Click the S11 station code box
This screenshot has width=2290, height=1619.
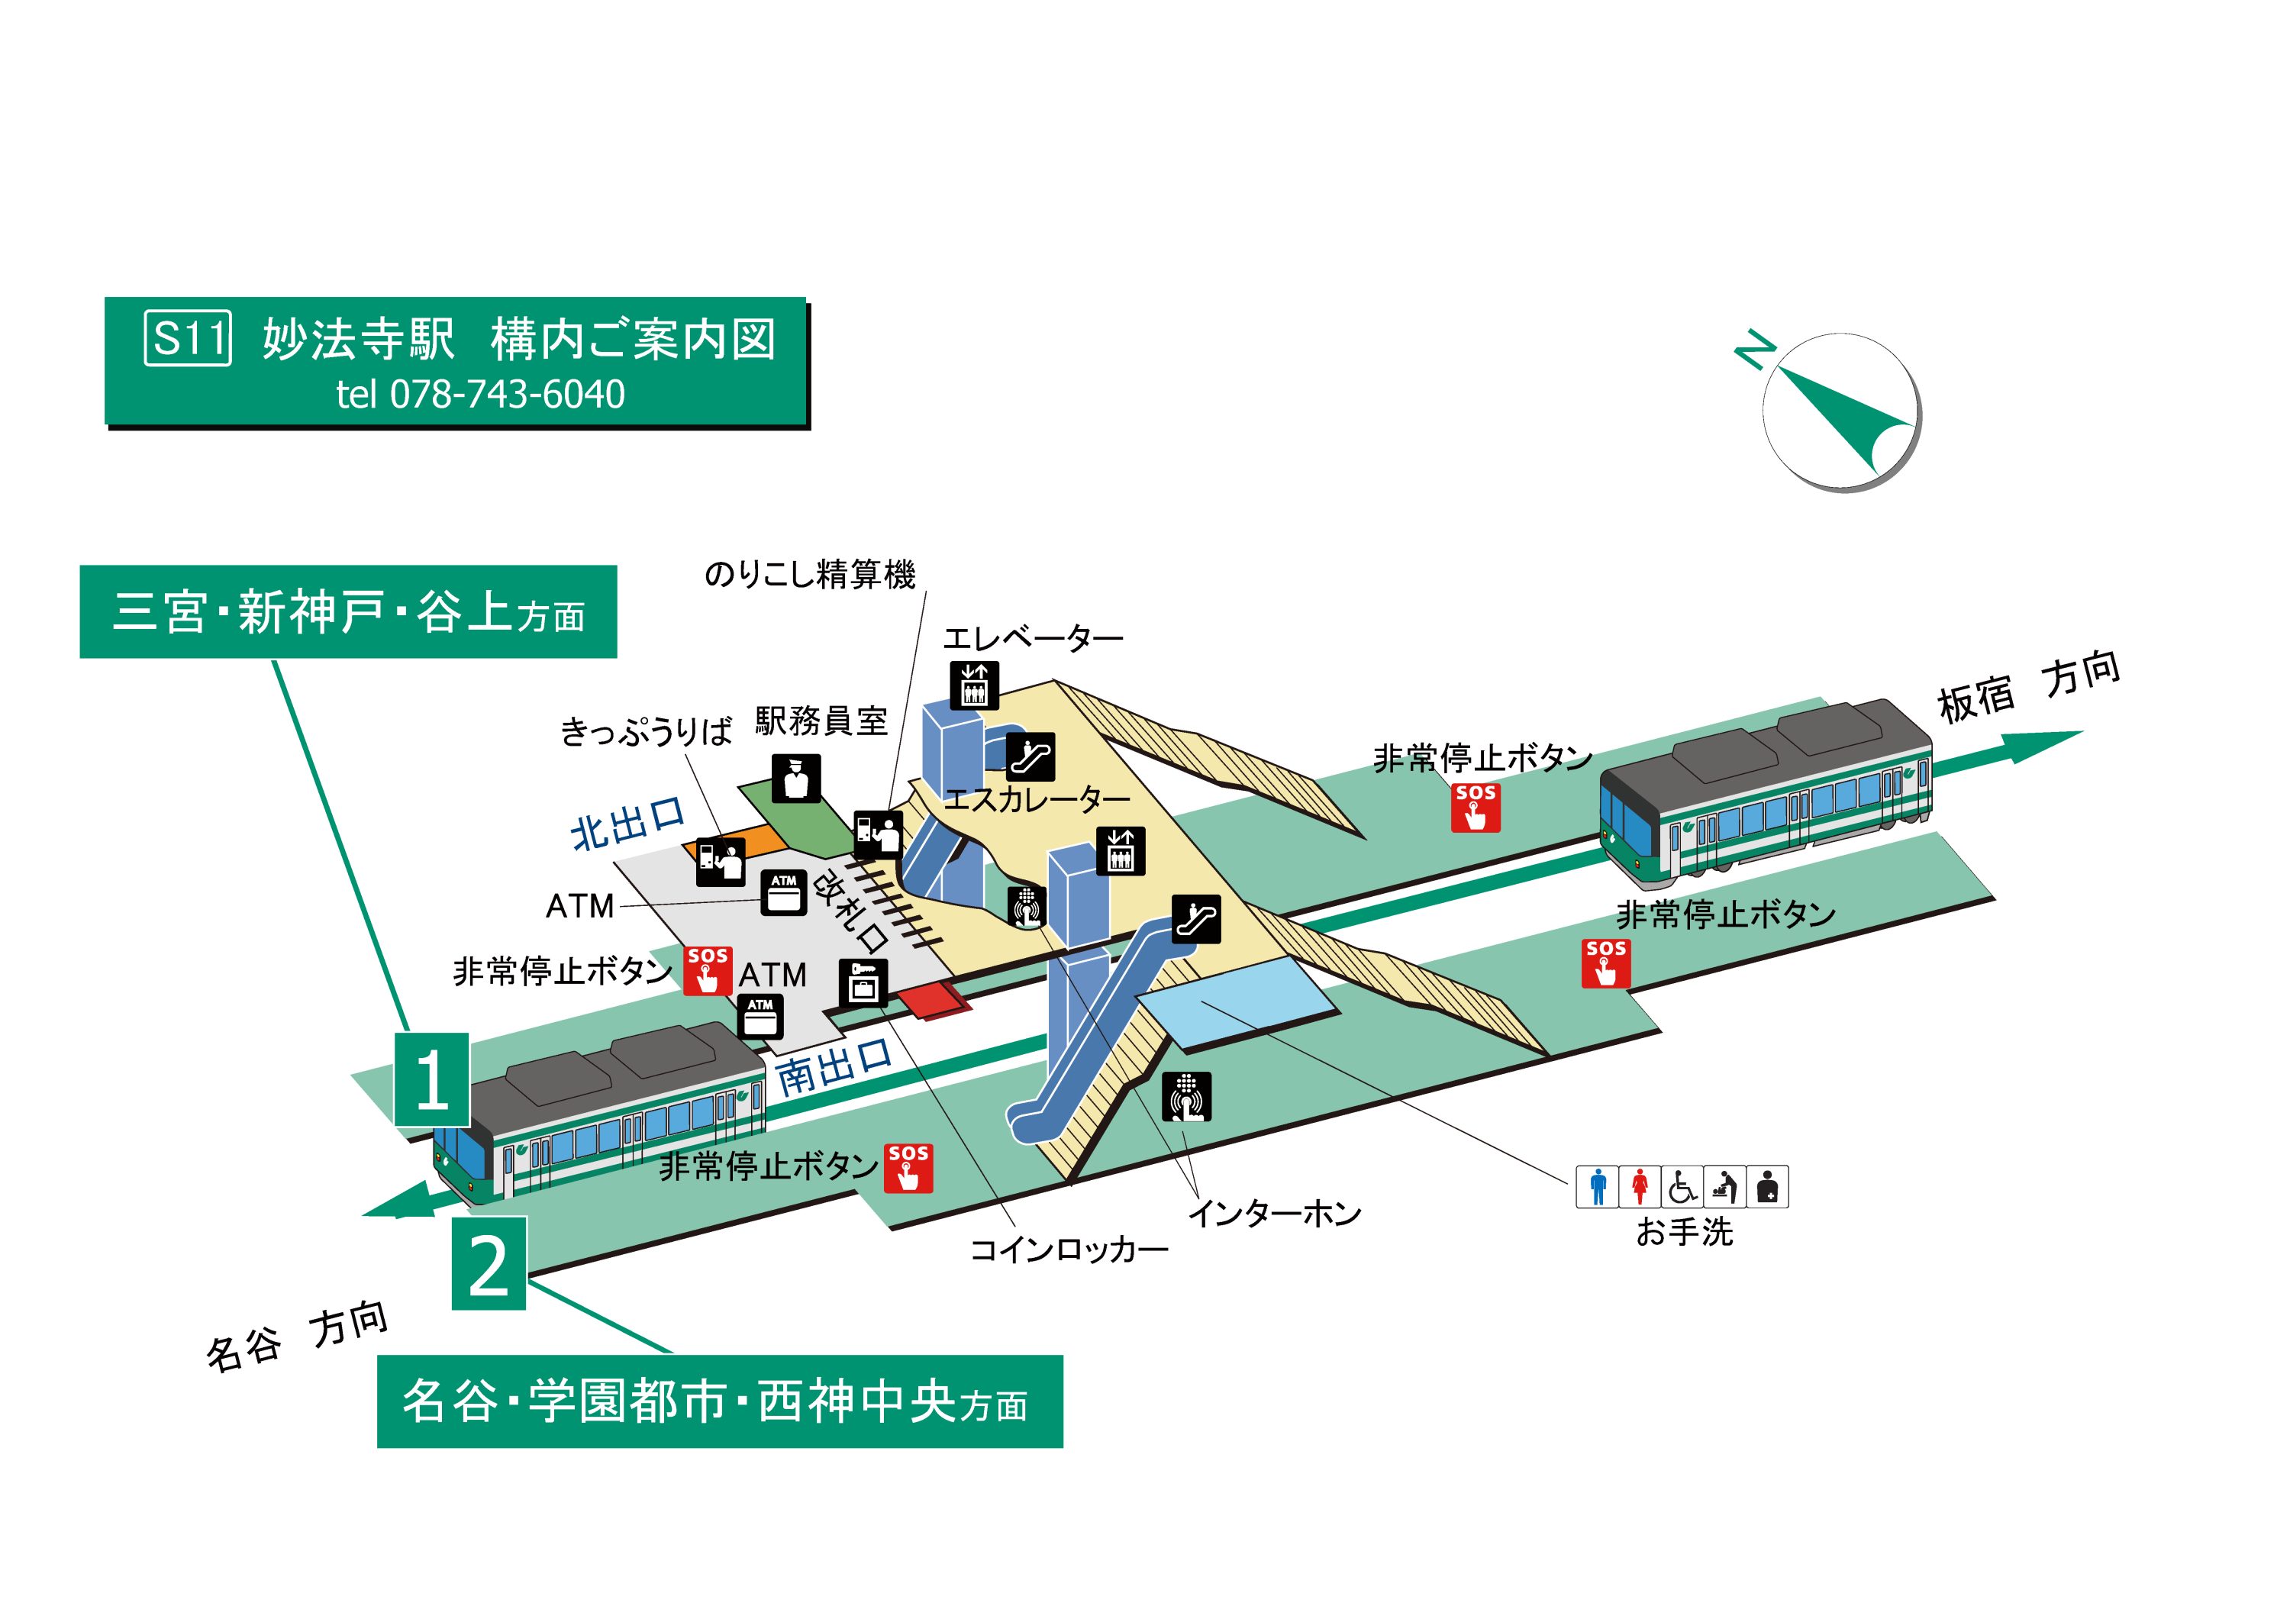coord(188,338)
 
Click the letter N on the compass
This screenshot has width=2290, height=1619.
coord(1753,350)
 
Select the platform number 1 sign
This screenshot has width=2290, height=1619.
coord(432,1079)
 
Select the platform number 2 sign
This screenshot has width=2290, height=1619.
coord(489,1264)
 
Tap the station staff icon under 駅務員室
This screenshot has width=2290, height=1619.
coord(796,778)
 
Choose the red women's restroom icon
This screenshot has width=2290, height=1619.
coord(1640,1187)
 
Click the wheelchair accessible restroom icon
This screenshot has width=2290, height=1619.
coord(1682,1187)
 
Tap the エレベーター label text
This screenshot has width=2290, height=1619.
coord(1032,638)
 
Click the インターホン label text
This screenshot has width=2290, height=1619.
coord(1275,1214)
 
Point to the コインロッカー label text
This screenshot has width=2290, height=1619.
coord(1068,1250)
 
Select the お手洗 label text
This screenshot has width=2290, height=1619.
coord(1684,1233)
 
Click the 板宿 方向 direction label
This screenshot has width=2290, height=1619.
coord(2027,689)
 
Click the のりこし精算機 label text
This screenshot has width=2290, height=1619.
coord(809,575)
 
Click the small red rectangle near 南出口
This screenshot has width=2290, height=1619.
coord(934,1001)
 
